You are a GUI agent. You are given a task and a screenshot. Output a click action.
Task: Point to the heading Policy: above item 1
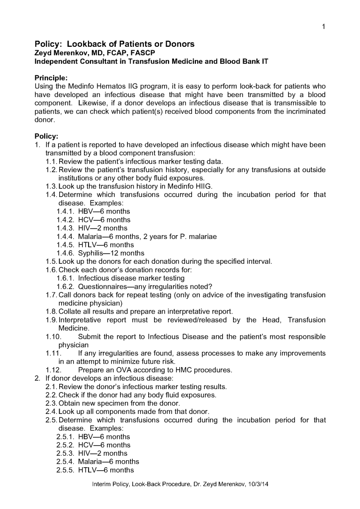(46, 136)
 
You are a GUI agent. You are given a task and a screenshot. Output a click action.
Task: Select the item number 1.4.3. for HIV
(65, 228)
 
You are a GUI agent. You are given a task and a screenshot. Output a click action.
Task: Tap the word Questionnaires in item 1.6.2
(103, 286)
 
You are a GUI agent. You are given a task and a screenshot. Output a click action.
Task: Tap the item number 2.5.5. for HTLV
(65, 470)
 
